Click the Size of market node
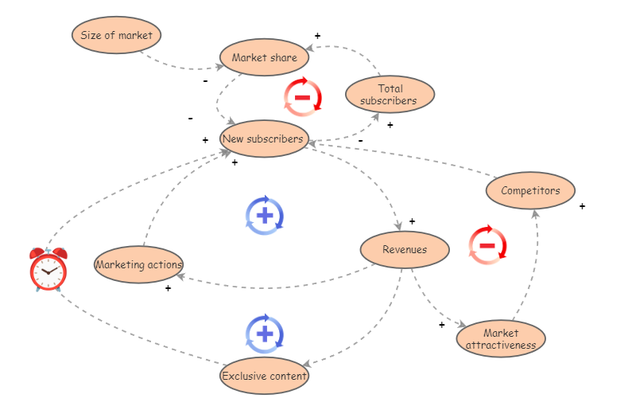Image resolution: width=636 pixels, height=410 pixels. tap(117, 36)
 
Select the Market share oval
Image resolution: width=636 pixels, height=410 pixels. tap(264, 58)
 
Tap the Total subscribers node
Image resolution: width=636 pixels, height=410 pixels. tap(390, 95)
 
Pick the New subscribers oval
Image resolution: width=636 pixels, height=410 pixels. tap(263, 139)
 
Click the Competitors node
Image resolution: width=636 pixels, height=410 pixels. tap(530, 191)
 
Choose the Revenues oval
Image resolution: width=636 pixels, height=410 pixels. tap(405, 249)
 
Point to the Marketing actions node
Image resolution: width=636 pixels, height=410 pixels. tap(139, 264)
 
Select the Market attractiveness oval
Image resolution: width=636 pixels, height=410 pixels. tap(501, 339)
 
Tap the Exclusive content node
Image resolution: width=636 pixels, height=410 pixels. tap(264, 376)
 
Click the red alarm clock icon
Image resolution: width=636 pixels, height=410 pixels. tap(48, 269)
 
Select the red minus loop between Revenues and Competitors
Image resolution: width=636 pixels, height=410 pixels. tap(487, 245)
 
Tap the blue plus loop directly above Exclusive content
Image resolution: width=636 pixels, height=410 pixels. tap(265, 334)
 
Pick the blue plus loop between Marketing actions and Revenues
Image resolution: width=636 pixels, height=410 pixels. tap(265, 215)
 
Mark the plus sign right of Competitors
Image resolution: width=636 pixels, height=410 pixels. tap(582, 206)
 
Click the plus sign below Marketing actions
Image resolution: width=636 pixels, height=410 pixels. tap(168, 288)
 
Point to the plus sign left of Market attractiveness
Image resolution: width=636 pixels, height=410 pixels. tap(441, 324)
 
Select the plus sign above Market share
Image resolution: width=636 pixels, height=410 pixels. tap(317, 36)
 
